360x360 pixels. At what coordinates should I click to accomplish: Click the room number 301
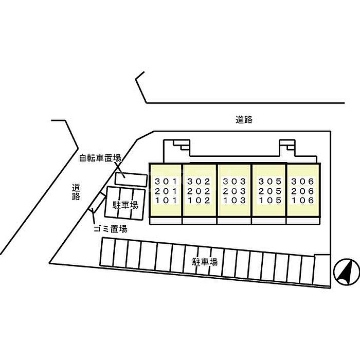click(166, 182)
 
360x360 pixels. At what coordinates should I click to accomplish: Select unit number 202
click(199, 191)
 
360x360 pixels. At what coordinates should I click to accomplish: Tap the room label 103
click(235, 201)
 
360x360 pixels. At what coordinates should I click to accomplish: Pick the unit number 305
click(270, 182)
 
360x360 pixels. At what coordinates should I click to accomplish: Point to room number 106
click(302, 201)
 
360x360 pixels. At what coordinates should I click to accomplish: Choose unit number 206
click(302, 191)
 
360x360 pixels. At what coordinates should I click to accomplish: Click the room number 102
click(199, 201)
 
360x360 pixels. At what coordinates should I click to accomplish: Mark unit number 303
click(235, 182)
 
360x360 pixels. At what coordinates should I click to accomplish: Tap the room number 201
click(166, 191)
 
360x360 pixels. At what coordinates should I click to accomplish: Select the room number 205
click(270, 191)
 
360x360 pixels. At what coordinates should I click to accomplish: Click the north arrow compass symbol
click(347, 272)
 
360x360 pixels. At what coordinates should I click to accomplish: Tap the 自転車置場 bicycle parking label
click(100, 158)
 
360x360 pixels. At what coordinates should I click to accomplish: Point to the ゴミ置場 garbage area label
click(111, 229)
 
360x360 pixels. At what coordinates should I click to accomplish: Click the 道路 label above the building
click(244, 120)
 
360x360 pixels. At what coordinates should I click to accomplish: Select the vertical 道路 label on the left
click(76, 192)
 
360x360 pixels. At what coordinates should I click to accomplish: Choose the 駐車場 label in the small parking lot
click(125, 205)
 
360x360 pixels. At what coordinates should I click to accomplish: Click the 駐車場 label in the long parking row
click(205, 262)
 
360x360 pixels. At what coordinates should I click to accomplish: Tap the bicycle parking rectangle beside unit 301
click(131, 179)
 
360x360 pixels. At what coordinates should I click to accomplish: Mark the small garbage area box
click(97, 202)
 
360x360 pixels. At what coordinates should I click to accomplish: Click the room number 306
click(302, 182)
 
